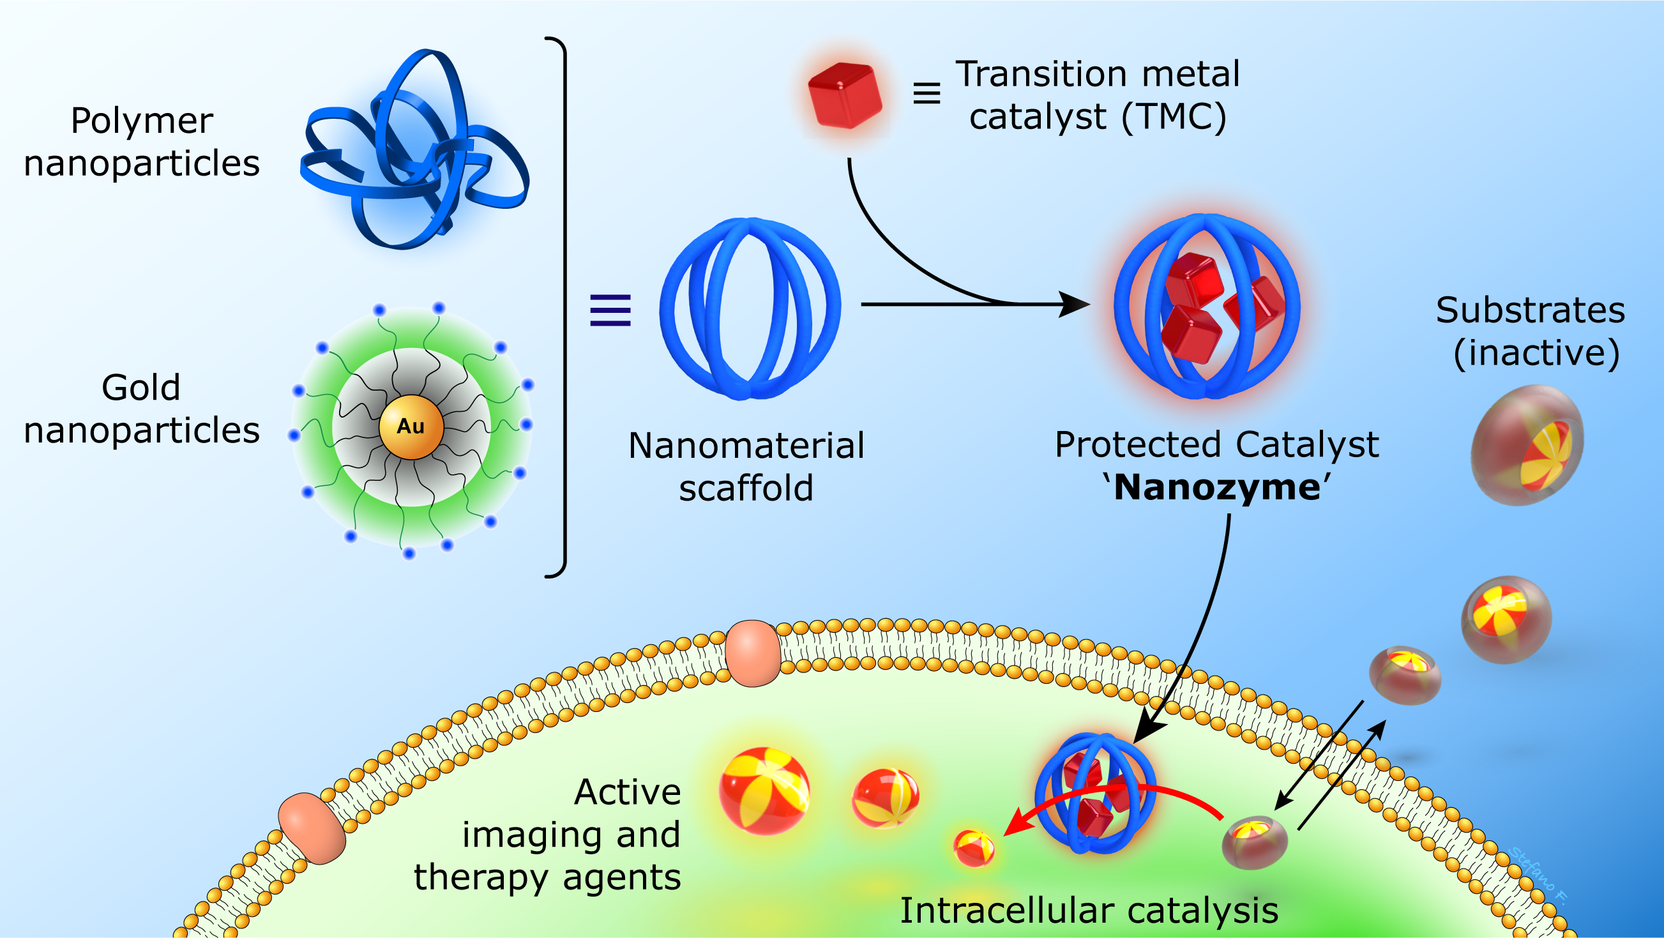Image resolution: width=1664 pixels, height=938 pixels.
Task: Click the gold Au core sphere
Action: click(x=411, y=427)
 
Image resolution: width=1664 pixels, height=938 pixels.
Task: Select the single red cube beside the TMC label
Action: click(x=845, y=96)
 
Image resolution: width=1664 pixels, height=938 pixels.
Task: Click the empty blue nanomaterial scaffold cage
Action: click(x=750, y=309)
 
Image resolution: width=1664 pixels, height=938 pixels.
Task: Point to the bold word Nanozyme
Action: click(x=1217, y=487)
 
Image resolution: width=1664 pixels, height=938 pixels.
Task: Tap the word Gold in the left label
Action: click(x=141, y=388)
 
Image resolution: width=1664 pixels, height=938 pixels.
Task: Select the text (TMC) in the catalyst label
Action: click(x=1174, y=117)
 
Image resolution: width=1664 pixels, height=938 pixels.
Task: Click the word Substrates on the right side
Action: click(x=1531, y=310)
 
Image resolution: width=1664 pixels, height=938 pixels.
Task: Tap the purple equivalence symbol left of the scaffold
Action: click(x=610, y=310)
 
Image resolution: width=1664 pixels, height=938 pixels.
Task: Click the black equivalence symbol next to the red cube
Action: click(x=927, y=94)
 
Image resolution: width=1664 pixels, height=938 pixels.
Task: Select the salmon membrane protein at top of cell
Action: click(x=753, y=653)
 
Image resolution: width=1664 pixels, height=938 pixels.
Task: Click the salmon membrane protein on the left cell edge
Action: click(x=312, y=829)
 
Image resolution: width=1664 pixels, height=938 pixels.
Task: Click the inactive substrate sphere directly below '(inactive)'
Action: click(x=1527, y=445)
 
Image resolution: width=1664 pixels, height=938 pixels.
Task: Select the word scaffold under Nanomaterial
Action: click(x=746, y=488)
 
